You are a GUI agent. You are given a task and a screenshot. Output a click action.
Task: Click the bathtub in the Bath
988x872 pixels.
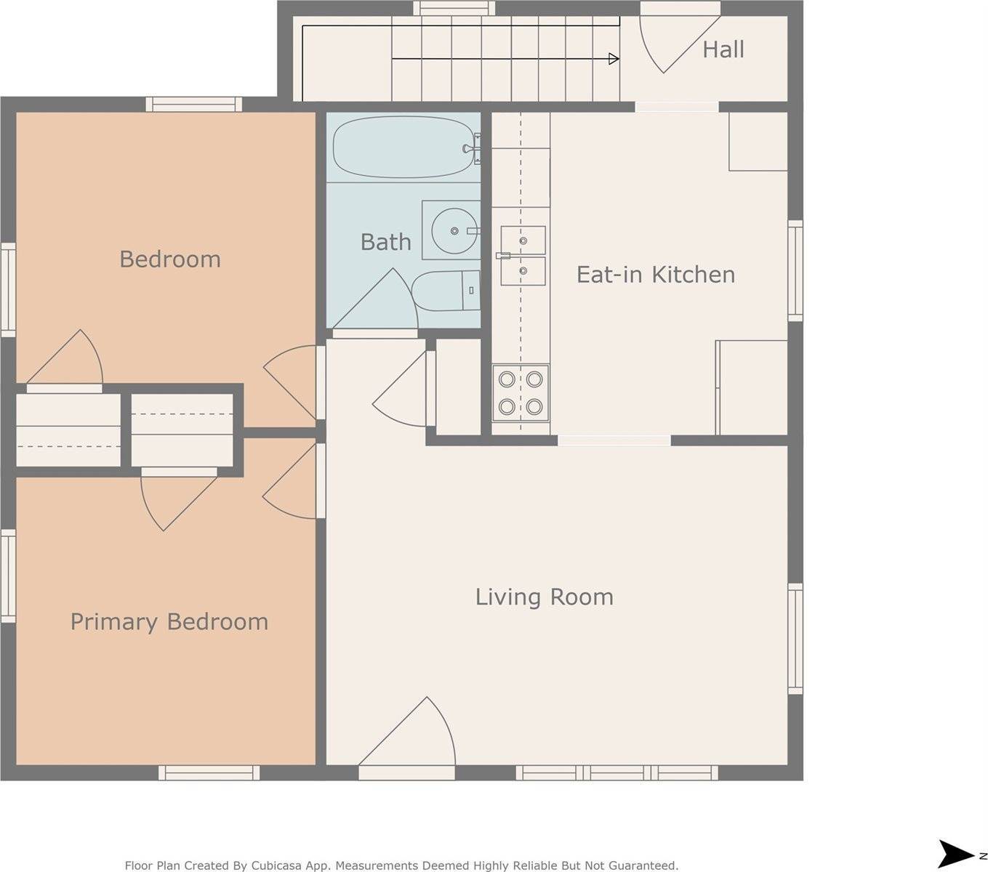point(403,148)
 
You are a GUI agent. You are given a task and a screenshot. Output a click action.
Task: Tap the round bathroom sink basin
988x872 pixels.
point(454,230)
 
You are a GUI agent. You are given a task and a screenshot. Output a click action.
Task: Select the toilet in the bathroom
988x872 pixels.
point(446,291)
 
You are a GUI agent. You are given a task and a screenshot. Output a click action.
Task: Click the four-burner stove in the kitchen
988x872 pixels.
point(521,393)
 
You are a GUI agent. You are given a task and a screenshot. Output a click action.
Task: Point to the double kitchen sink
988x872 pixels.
point(523,254)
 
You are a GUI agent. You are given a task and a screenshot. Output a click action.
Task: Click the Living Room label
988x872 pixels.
point(544,597)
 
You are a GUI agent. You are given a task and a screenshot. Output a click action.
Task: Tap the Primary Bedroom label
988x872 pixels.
point(169,621)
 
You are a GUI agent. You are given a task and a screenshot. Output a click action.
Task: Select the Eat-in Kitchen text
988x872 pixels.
point(655,274)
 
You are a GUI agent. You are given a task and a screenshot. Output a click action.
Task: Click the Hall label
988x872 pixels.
point(723,49)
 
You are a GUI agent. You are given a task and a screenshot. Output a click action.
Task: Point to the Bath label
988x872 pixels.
point(385,241)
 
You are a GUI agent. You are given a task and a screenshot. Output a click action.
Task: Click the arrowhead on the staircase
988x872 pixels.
point(614,59)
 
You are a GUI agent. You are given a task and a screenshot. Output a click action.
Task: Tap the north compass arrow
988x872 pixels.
point(957,853)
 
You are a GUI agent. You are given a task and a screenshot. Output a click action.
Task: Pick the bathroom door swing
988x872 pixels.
point(378,302)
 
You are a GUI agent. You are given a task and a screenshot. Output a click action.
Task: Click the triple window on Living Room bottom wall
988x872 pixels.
point(617,772)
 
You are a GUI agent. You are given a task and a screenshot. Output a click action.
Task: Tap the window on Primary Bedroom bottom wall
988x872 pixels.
point(209,772)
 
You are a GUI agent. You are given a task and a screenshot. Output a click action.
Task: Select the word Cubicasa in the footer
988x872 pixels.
point(280,865)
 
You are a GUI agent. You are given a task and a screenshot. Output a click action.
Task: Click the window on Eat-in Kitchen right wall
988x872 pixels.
point(795,270)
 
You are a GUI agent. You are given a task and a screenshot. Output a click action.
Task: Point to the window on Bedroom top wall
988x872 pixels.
point(193,104)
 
